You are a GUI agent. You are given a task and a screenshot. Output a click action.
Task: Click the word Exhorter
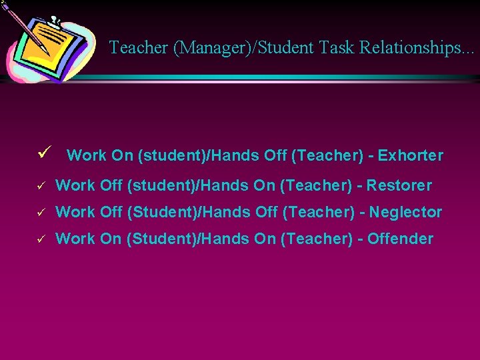410,156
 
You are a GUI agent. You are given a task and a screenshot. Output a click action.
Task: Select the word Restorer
399,185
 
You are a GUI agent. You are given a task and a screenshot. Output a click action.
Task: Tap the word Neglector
405,212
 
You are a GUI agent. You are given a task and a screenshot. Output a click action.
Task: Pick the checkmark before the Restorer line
41,185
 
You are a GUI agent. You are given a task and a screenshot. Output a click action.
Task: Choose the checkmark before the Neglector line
41,213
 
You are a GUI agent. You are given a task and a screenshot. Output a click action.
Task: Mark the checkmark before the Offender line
41,239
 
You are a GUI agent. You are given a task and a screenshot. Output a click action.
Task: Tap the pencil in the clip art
27,27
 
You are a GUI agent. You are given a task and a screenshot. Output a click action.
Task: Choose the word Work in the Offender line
75,239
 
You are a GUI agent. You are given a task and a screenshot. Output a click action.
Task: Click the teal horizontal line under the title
280,77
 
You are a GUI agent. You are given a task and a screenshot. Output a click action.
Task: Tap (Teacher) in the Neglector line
319,212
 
